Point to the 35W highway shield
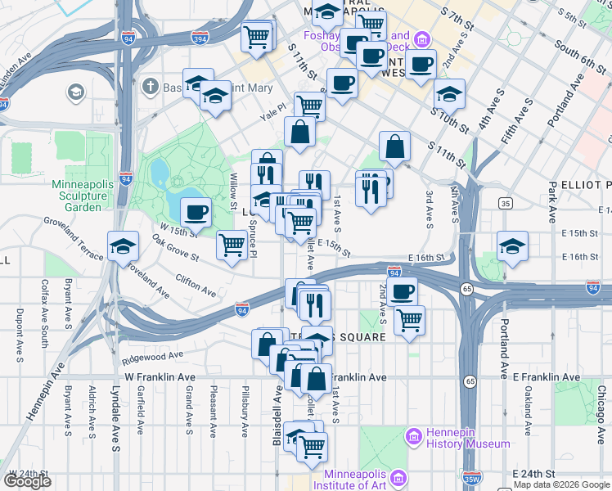pyautogui.click(x=471, y=479)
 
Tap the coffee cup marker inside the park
pyautogui.click(x=195, y=214)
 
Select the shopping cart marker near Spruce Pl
pyautogui.click(x=232, y=244)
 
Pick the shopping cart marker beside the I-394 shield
pyautogui.click(x=257, y=36)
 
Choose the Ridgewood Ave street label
pyautogui.click(x=153, y=357)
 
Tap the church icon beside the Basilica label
pyautogui.click(x=150, y=87)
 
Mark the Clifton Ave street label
pyautogui.click(x=195, y=286)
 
